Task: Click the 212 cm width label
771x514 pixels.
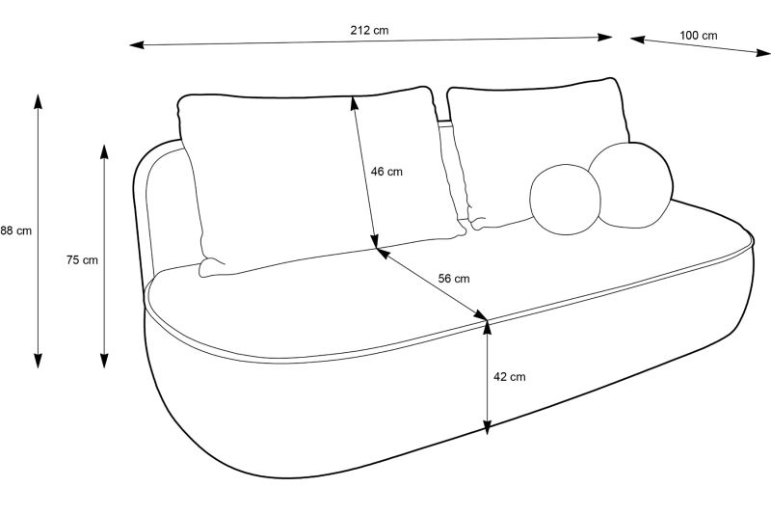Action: point(369,30)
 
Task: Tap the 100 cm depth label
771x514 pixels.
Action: point(698,36)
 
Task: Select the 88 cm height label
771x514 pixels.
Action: point(15,230)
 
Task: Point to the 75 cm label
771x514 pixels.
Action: point(82,259)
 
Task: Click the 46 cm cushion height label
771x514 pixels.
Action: point(386,172)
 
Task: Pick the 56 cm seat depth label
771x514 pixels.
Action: point(454,279)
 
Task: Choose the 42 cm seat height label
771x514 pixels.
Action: point(509,377)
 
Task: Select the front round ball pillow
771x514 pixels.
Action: point(565,200)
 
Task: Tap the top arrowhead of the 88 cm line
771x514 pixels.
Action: point(39,99)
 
